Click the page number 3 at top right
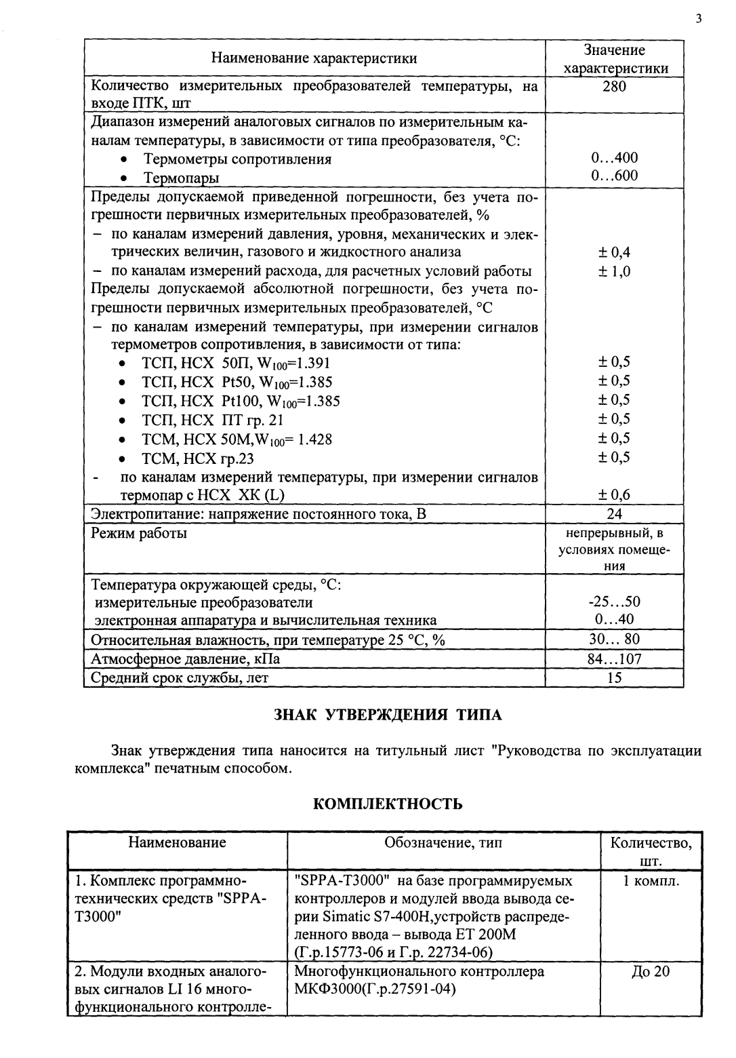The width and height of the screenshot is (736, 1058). pos(697,18)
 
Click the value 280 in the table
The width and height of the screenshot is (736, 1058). pos(615,86)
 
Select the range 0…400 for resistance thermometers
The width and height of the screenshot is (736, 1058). pos(614,158)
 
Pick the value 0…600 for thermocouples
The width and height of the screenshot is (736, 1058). pos(614,176)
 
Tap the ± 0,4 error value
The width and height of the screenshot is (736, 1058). pos(614,252)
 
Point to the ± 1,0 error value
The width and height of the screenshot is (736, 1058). pos(614,271)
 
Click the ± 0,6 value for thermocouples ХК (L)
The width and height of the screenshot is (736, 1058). pos(614,495)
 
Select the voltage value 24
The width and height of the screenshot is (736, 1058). pos(615,513)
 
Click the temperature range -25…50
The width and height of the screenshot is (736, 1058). pos(614,602)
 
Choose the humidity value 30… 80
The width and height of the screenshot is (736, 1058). pos(614,640)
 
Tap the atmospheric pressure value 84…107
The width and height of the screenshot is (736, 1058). pos(614,659)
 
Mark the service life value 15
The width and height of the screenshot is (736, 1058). pos(615,677)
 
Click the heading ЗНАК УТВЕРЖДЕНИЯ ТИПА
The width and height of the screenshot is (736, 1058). pos(388,715)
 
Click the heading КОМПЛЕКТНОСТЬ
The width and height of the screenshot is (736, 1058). pos(388,804)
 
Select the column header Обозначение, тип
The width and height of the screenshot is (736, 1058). pos(443,843)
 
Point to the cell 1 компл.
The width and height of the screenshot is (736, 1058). pos(651,881)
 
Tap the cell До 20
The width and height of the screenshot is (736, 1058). pos(651,972)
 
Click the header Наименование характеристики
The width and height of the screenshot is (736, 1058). pos(314,58)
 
